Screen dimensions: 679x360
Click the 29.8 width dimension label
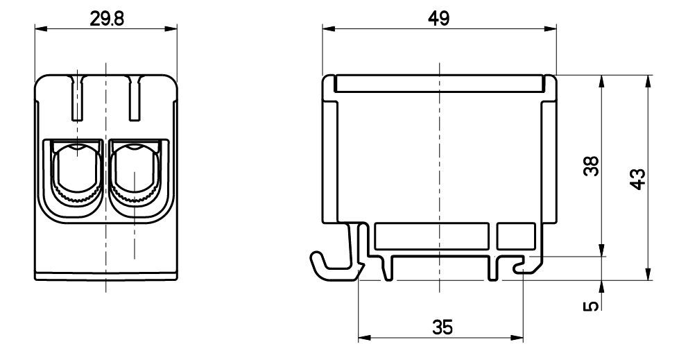coord(107,19)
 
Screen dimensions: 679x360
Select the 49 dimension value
coord(439,19)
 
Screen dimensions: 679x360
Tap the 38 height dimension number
coord(591,166)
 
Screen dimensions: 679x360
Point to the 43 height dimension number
coord(637,180)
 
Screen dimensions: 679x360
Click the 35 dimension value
coord(442,327)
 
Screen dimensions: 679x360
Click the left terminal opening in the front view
coord(77,173)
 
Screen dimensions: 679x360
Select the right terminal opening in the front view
coord(135,173)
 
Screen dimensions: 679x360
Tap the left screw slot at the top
coord(78,98)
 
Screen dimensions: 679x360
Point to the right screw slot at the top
coord(135,98)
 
